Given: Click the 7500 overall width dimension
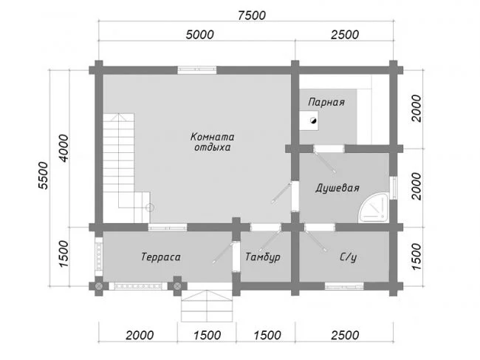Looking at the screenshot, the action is click(252, 16).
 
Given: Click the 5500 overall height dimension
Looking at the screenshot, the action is click(43, 175).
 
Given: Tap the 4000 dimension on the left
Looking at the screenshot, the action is click(64, 148).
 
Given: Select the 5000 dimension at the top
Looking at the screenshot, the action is click(200, 35).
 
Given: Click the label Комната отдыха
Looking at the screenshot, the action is click(213, 142).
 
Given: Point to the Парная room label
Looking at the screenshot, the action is click(326, 102).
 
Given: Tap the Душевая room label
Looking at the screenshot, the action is click(337, 188).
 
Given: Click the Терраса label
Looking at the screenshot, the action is click(161, 257).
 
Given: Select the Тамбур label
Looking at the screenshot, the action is click(263, 257).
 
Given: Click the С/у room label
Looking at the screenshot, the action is click(349, 257).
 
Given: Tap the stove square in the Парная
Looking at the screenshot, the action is click(309, 120).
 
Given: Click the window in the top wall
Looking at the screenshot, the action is click(197, 69).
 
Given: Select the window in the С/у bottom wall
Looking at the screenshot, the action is click(344, 287).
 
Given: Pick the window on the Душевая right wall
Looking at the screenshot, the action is click(394, 188).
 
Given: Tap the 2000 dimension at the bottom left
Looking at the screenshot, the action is click(140, 335).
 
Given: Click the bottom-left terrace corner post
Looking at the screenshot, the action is click(98, 286).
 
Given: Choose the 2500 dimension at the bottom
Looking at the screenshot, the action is click(345, 335).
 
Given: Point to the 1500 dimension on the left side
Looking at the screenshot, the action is click(64, 254).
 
